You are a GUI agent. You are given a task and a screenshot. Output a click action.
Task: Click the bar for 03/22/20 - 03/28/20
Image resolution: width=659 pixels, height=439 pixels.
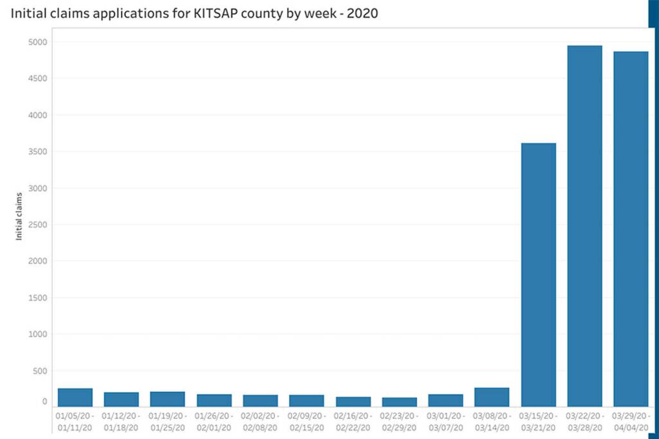584,226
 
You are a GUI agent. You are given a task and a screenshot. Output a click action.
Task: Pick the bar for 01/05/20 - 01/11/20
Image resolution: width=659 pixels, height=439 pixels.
76,398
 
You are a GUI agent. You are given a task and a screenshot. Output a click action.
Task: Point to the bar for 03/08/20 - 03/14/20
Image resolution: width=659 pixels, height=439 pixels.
492,397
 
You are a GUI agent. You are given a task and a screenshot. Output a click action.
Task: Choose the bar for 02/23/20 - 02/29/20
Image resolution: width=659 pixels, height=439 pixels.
399,402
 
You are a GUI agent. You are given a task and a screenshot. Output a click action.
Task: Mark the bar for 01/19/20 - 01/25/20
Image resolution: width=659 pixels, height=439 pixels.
167,399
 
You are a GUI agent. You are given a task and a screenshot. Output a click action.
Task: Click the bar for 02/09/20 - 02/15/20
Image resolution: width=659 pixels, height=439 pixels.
306,400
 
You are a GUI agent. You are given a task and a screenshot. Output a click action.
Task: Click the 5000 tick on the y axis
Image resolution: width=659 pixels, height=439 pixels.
37,42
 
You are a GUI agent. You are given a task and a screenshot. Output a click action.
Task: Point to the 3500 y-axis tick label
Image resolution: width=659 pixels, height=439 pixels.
37,152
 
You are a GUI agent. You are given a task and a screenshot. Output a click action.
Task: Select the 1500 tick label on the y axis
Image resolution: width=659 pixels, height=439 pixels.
37,298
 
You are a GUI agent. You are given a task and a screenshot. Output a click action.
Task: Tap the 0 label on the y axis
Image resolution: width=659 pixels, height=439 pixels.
44,402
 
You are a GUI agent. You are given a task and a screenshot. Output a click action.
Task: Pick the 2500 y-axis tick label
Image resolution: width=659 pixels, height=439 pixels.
37,225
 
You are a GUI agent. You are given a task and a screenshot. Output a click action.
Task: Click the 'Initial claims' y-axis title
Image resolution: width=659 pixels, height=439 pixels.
19,216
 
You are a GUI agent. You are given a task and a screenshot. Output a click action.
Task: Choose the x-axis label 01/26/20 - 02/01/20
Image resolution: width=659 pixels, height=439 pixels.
214,422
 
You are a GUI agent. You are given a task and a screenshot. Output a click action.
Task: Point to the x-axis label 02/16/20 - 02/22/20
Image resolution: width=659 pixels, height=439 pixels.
353,422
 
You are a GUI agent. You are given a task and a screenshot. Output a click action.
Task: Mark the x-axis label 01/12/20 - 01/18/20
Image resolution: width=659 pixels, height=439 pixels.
121,422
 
